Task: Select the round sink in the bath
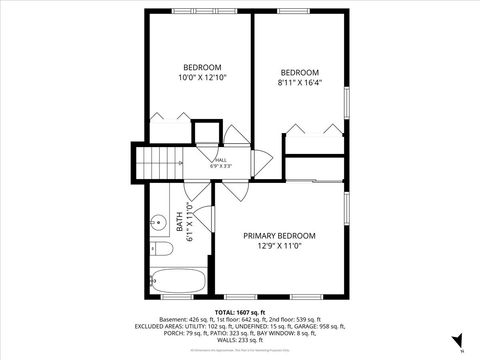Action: coord(158,221)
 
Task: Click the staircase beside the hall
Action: coord(156,161)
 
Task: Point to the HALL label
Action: coord(221,159)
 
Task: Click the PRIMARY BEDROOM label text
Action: coord(279,236)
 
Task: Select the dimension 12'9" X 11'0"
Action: coord(279,246)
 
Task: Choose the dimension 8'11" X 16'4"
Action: coord(299,84)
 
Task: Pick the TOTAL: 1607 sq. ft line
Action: coord(241,311)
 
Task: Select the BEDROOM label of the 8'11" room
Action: coord(299,72)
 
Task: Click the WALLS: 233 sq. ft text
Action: coord(241,340)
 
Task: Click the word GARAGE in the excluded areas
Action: coord(327,326)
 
